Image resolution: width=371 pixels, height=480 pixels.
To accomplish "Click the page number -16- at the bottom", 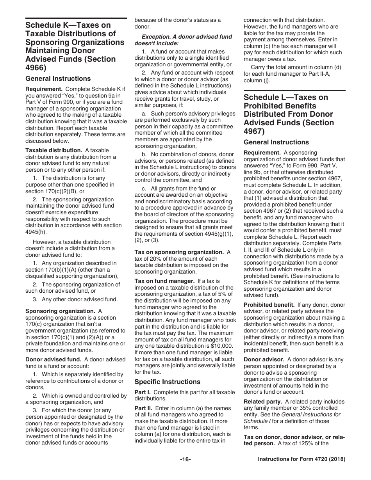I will click(x=185, y=460).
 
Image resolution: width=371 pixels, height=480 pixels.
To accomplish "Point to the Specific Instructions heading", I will click(x=168, y=382).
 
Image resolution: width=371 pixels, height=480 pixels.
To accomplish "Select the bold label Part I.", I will click(x=142, y=392).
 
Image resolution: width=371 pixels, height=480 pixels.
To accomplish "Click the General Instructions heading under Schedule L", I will click(x=276, y=142).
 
